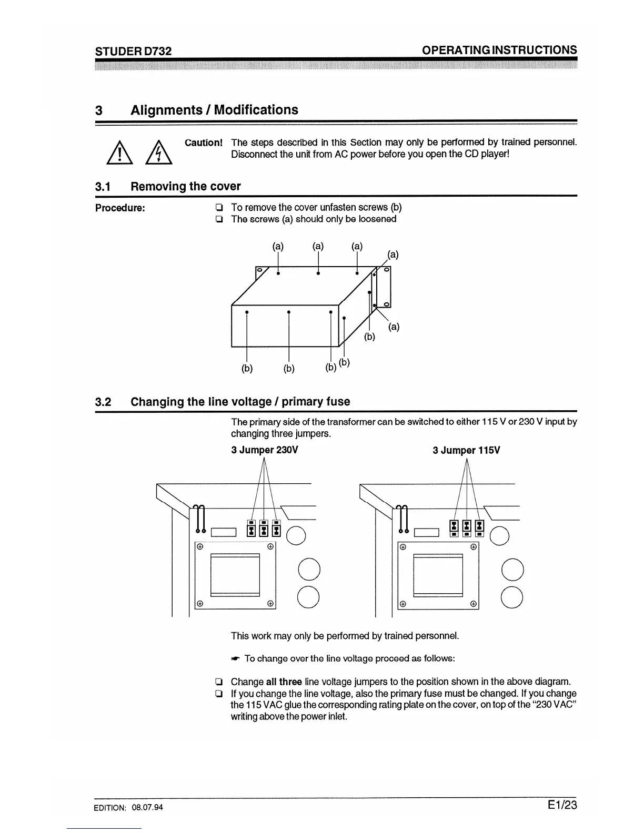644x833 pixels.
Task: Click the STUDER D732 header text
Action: [x=133, y=51]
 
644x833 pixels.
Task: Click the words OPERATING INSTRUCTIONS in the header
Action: [x=499, y=50]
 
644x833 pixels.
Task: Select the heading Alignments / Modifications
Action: [x=214, y=110]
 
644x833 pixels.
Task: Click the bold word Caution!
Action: [x=204, y=143]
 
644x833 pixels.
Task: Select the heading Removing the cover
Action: [x=185, y=186]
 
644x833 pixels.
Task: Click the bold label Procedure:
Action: [x=120, y=208]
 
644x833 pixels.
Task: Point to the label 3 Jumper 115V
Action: [x=466, y=451]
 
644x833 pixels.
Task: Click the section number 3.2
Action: [x=103, y=402]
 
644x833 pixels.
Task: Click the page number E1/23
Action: [x=562, y=805]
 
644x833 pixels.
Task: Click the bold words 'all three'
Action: [x=284, y=682]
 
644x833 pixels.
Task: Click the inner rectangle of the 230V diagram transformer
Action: [x=235, y=575]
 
